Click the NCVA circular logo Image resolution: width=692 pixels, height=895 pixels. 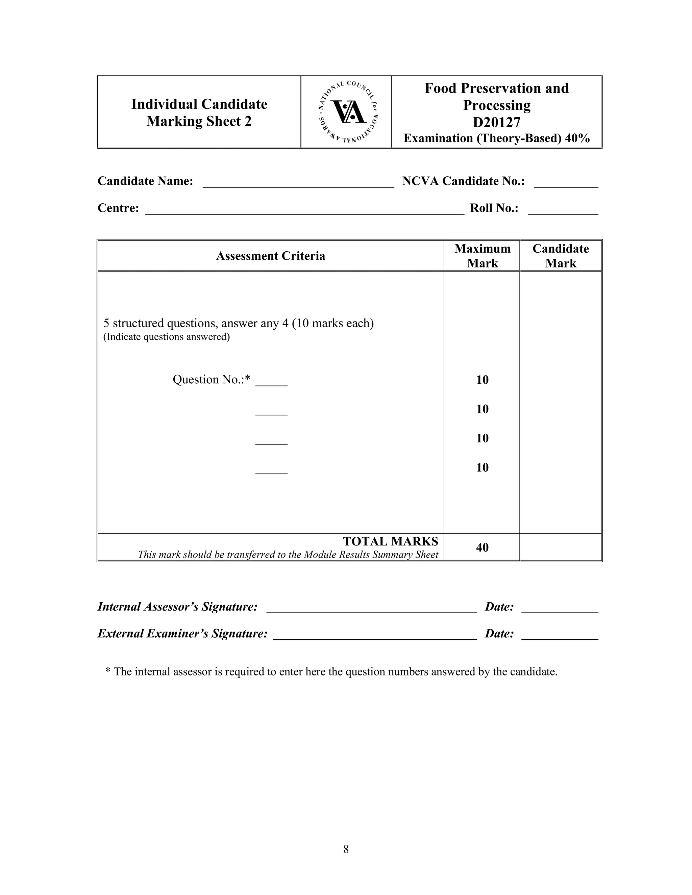[348, 111]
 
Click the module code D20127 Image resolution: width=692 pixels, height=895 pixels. [496, 123]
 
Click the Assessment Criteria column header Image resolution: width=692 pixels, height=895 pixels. [271, 256]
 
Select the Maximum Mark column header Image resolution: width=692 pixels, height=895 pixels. [482, 256]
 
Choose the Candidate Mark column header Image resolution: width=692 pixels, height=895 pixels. [561, 256]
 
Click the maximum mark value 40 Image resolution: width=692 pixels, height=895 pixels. [482, 547]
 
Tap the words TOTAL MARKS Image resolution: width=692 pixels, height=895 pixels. [390, 541]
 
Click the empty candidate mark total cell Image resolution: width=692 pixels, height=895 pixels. [561, 547]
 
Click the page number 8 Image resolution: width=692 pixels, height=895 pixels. [346, 849]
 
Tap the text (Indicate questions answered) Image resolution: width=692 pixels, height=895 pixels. [167, 337]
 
